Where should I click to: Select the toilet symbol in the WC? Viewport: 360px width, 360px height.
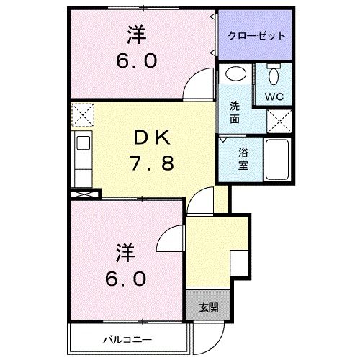(274, 76)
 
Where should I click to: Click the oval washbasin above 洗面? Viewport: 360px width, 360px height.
(234, 74)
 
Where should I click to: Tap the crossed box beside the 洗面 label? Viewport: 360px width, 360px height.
(278, 120)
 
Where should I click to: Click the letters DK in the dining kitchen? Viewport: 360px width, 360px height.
(153, 136)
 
